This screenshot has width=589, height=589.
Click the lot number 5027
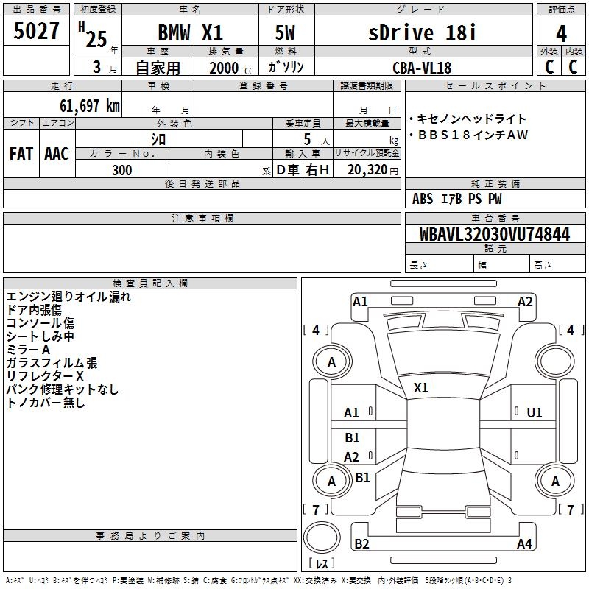36,31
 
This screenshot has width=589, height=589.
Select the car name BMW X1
191,32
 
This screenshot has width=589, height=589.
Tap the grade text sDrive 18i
422,32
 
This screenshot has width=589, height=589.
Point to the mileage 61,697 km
90,106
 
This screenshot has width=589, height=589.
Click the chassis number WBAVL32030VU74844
494,234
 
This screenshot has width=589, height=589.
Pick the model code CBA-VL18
422,68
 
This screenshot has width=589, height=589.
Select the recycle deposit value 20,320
367,170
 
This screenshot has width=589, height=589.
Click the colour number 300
122,170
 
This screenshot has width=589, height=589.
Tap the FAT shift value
21,154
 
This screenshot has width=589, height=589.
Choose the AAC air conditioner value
57,154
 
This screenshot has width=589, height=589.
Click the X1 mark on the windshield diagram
420,388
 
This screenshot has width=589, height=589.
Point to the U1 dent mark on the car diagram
535,413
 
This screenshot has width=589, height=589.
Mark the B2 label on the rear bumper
361,543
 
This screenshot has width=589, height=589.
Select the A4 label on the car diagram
524,543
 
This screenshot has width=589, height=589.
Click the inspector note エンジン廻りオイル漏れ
68,297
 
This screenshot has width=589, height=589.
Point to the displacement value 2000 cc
231,68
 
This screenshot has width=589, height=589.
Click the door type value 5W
285,32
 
